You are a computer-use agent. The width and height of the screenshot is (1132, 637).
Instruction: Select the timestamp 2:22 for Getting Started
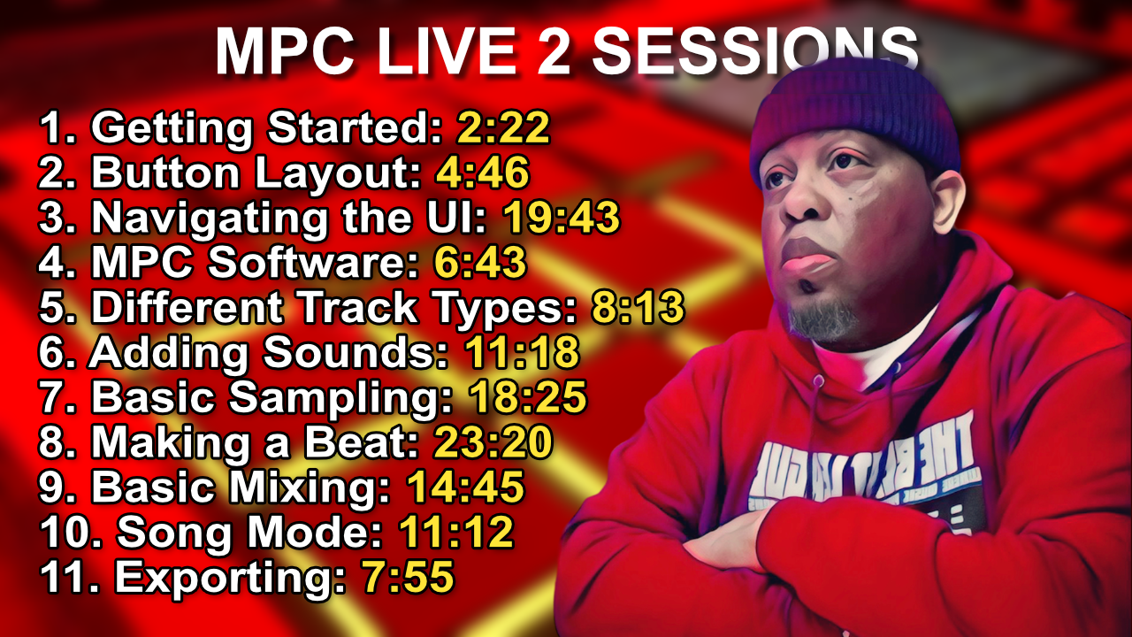[x=503, y=129]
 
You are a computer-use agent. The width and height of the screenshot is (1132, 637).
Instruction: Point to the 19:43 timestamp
[x=561, y=219]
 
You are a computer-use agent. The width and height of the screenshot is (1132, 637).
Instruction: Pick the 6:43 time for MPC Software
[x=480, y=264]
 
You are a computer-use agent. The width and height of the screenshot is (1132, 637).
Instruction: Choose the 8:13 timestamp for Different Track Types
[x=637, y=308]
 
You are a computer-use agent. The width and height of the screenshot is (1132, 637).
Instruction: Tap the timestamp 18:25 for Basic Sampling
[x=527, y=398]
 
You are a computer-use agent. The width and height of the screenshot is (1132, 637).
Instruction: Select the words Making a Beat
[x=255, y=442]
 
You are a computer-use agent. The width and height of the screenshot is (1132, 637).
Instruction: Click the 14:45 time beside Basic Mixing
[x=465, y=487]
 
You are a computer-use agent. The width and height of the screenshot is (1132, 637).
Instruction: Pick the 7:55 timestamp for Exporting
[x=408, y=578]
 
